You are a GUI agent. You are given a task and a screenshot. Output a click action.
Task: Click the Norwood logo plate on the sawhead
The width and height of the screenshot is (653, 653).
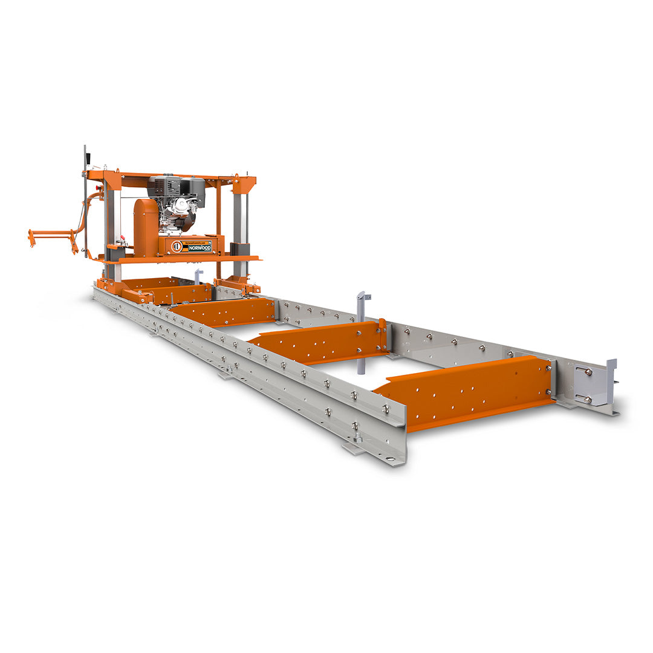point(192,245)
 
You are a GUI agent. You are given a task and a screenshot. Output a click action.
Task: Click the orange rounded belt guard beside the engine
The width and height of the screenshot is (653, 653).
point(146,227)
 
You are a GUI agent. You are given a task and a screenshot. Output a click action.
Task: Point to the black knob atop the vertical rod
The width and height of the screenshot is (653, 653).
point(88,158)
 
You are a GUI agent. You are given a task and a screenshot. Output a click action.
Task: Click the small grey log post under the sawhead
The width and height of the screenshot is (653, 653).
point(198,276)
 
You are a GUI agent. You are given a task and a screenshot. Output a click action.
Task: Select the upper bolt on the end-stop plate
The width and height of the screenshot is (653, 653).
point(588,372)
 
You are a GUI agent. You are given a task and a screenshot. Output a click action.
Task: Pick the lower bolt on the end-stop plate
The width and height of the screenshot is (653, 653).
point(586,399)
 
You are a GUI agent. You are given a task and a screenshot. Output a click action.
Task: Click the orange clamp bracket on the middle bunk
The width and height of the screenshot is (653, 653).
point(382,334)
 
